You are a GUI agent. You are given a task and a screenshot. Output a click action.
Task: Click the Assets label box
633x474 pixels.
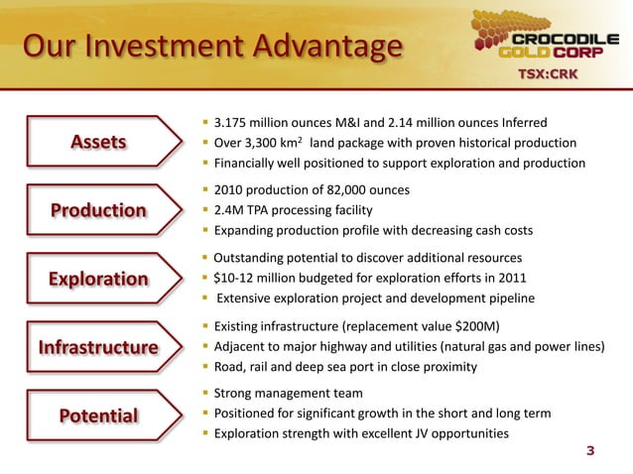pos(98,142)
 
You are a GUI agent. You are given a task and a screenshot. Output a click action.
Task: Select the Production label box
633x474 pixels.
pos(98,210)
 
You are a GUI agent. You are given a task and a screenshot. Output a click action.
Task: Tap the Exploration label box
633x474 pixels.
pos(98,279)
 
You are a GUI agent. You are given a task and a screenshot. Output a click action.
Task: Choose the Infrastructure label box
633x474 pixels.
pos(98,347)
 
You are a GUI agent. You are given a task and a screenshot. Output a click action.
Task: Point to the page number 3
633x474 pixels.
pos(591,453)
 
